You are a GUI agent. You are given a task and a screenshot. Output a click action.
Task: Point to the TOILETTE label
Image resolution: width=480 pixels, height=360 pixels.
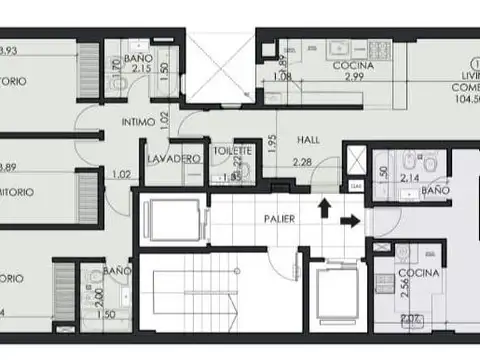(x=232, y=150)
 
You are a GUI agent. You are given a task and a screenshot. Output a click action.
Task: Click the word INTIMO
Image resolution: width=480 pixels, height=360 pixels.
(x=140, y=123)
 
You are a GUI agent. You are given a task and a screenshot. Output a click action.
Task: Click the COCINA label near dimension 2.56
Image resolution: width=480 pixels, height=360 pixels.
(x=414, y=273)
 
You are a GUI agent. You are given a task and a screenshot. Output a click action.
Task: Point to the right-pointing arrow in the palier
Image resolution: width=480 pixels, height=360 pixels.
(x=350, y=219)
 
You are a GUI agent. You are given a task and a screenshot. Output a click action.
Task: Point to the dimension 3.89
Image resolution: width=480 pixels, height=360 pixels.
(x=9, y=168)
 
